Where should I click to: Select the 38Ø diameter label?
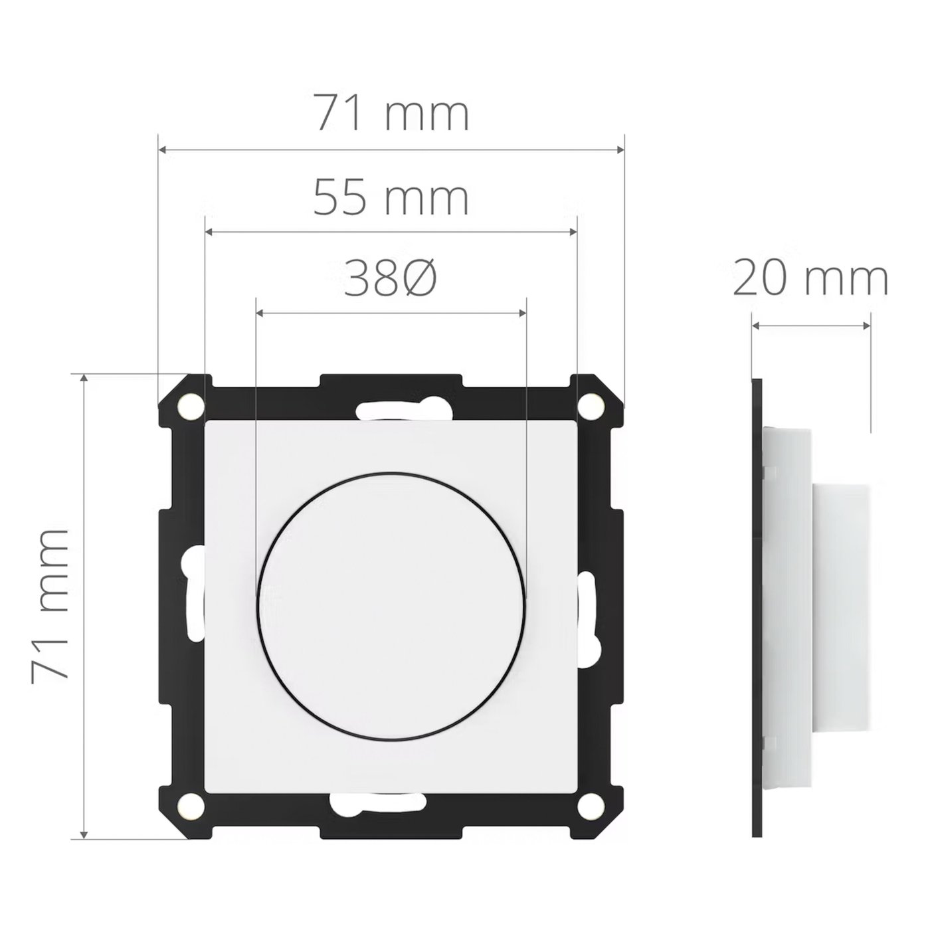[x=391, y=278]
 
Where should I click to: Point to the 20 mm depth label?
[x=810, y=280]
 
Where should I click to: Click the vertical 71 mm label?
[x=50, y=604]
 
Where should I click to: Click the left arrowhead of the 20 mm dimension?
[x=757, y=325]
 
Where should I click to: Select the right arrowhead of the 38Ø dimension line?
[x=521, y=312]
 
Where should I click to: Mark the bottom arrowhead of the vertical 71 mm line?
[x=84, y=834]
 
